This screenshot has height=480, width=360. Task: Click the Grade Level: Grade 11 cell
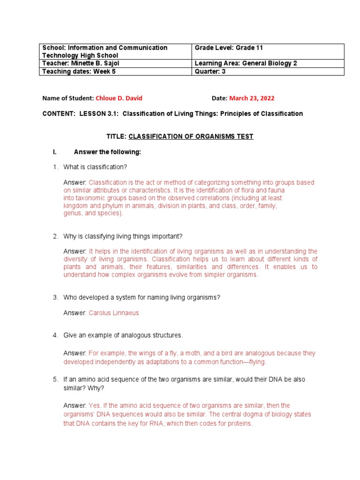point(268,52)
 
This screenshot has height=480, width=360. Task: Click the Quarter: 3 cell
point(268,72)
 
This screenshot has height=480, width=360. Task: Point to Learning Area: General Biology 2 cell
point(268,64)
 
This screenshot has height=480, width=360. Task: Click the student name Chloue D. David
point(119,98)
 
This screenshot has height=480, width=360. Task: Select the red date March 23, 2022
point(252,98)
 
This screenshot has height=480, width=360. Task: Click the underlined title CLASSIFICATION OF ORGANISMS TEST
point(191,136)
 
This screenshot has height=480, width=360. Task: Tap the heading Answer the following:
point(107,152)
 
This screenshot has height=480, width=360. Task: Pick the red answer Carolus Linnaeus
point(114,313)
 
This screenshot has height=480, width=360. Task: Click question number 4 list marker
point(55,335)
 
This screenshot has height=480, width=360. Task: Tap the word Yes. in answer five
point(95,405)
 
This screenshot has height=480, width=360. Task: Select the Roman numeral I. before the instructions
point(54,152)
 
